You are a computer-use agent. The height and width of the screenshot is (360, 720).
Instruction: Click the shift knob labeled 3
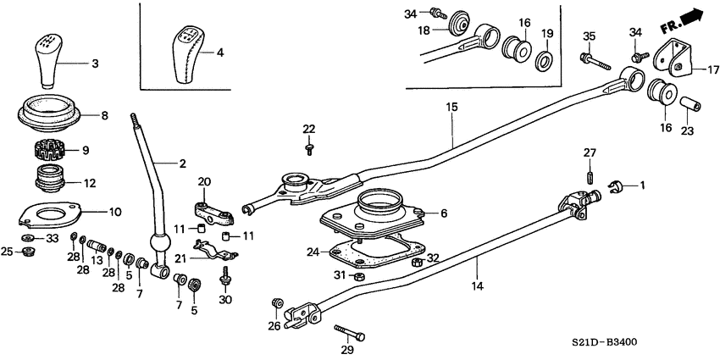click(49, 59)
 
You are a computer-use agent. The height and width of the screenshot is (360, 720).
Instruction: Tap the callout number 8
click(104, 116)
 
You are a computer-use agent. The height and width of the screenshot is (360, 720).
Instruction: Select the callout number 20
click(203, 181)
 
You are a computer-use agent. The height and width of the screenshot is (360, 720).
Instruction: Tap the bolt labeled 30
click(226, 275)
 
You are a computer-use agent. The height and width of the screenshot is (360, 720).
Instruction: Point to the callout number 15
click(451, 108)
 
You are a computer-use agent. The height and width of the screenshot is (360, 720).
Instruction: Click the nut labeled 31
click(358, 276)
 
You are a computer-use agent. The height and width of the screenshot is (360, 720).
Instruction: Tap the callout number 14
click(477, 287)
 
